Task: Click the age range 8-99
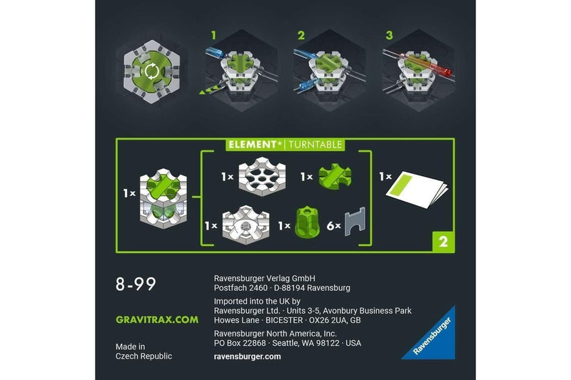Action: pyautogui.click(x=136, y=284)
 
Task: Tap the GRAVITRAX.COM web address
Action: pyautogui.click(x=157, y=319)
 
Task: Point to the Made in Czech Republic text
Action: pyautogui.click(x=143, y=351)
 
